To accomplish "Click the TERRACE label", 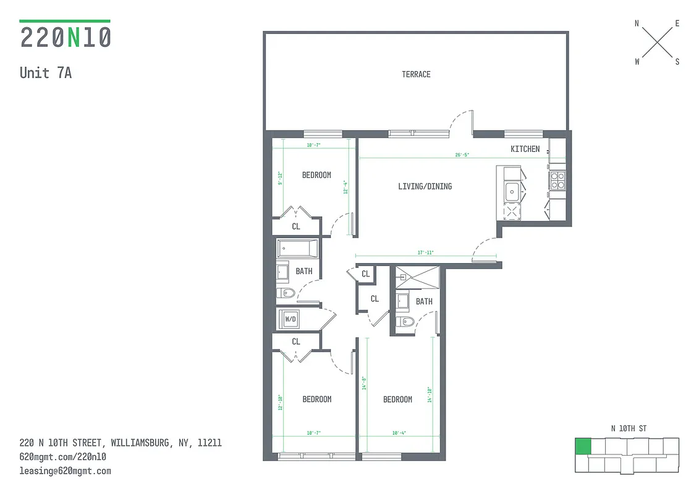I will tap(416, 74).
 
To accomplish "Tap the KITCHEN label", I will tap(525, 149).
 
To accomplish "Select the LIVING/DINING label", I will tap(425, 186).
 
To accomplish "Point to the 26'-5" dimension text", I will tap(462, 155).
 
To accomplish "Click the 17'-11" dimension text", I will tap(425, 253).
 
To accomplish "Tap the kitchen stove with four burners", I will tap(557, 179).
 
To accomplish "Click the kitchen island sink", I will tap(512, 192).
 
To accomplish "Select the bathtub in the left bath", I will tap(297, 249).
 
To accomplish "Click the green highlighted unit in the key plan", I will tap(582, 446).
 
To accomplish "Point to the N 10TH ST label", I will tap(629, 429).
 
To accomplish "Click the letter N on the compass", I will tap(637, 24).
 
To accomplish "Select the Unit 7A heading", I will tap(46, 73).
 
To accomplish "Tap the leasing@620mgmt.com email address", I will tap(66, 471).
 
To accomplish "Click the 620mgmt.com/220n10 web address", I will tap(63, 457).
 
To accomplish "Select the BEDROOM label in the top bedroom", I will tap(316, 175).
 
